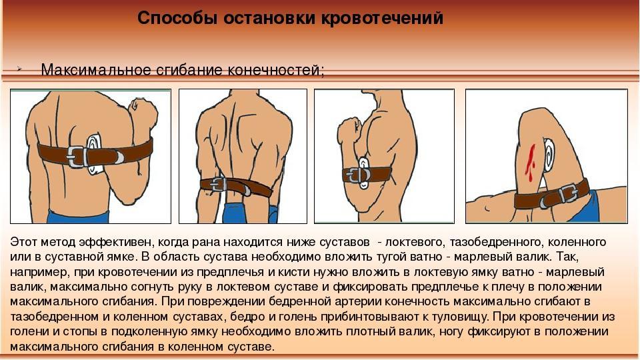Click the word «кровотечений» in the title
382,19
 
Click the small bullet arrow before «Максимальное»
19,69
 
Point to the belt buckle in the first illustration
77,156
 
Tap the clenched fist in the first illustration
143,111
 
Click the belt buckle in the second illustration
219,185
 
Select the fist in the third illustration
349,131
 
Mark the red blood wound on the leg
530,162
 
